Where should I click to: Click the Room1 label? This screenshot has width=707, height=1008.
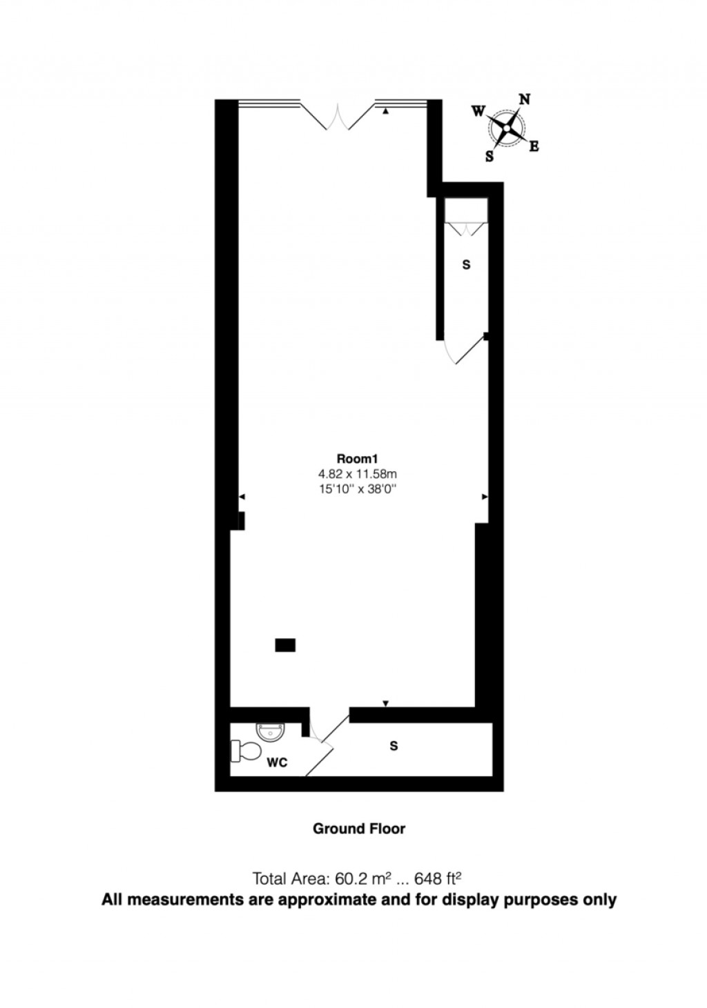click(358, 459)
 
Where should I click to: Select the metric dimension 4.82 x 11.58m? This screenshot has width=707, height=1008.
click(358, 474)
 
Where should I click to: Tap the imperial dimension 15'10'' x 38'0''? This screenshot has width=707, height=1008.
click(358, 489)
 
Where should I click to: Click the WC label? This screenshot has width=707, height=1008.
click(278, 763)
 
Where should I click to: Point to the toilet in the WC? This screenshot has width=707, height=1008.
click(245, 751)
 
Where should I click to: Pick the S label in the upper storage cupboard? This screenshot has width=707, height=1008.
click(466, 265)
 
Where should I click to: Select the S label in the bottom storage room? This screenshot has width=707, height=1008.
click(394, 746)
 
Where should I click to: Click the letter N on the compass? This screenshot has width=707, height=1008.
click(525, 99)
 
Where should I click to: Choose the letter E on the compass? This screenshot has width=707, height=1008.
click(534, 146)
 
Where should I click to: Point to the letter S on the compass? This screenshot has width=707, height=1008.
click(490, 156)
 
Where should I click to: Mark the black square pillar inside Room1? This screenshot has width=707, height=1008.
click(285, 645)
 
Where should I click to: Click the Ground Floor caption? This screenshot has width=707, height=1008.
click(359, 829)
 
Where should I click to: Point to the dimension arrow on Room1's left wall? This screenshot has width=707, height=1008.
click(242, 497)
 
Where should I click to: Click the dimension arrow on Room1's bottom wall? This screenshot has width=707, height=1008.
click(385, 703)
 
